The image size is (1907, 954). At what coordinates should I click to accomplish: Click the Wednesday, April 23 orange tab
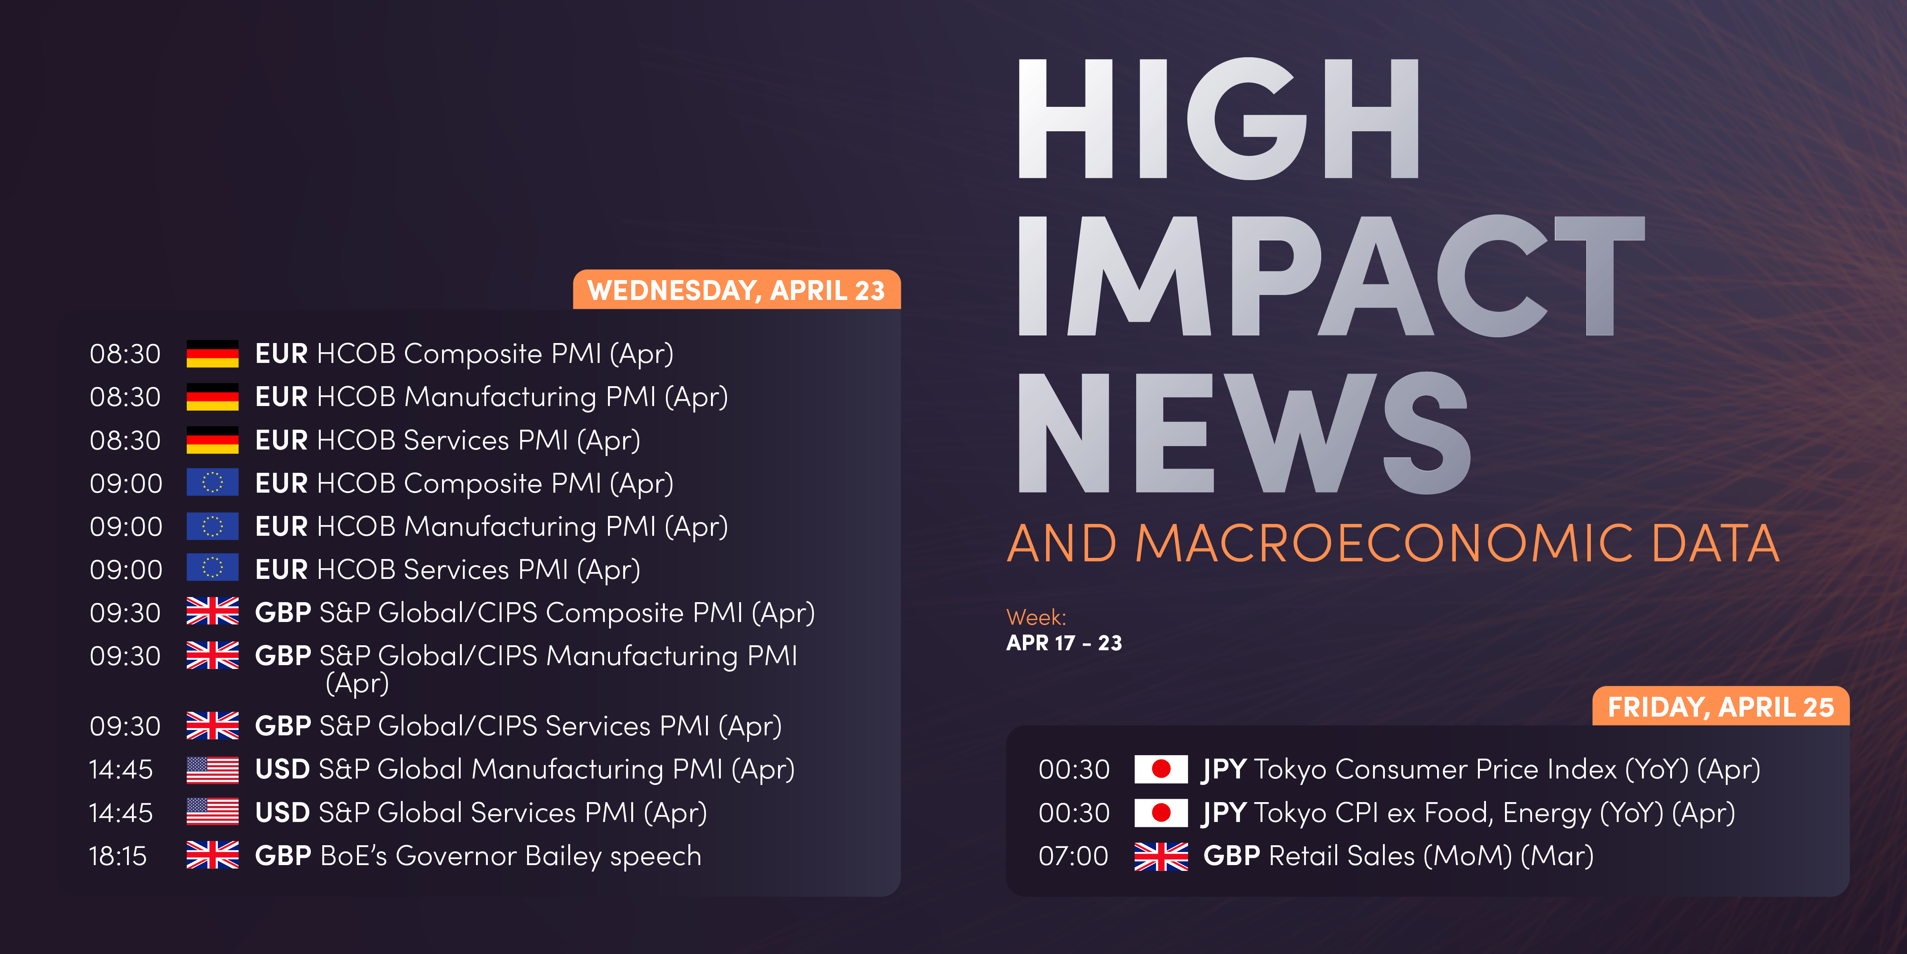tap(736, 290)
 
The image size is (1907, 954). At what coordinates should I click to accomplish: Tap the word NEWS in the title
tap(1244, 433)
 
